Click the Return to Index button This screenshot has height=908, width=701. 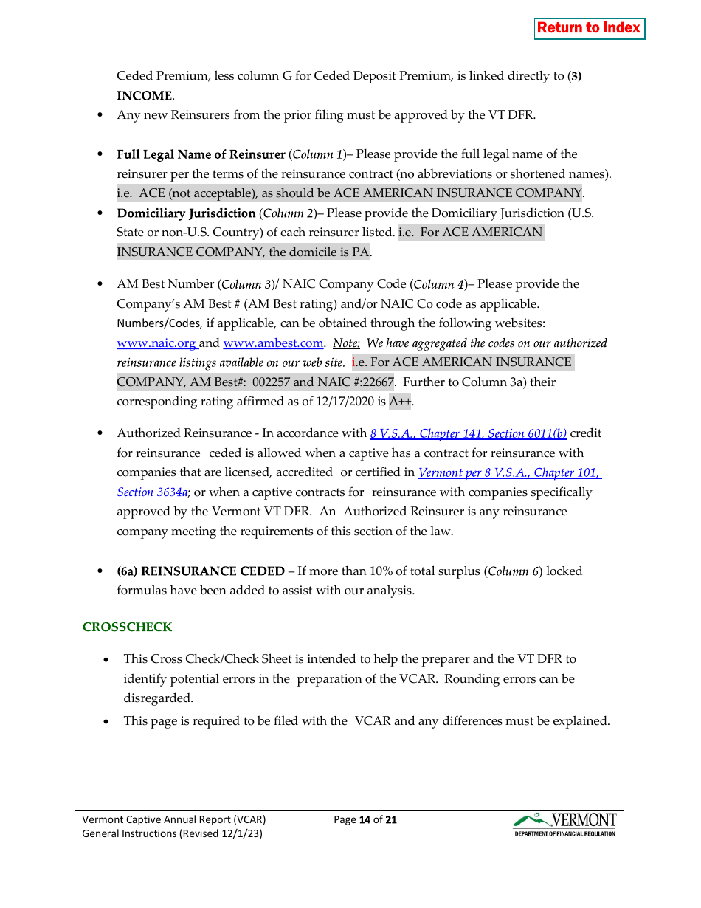coord(589,28)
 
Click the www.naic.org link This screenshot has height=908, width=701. coord(156,343)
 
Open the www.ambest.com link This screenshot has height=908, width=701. coord(273,343)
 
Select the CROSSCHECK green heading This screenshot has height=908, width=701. coord(127,627)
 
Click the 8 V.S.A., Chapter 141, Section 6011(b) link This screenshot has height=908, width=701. coord(468,434)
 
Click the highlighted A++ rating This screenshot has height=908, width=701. coord(399,402)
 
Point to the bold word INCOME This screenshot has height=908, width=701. coord(144,96)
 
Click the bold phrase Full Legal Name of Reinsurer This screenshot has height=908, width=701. coord(201,155)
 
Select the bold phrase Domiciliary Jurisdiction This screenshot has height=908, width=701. coord(186,213)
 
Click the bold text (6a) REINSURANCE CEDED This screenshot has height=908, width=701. coord(201,571)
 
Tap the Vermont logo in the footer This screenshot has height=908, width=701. coord(564,825)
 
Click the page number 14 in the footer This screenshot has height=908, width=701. coord(364,820)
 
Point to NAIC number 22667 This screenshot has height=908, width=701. coord(378,382)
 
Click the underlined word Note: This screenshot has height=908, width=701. coord(346,343)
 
